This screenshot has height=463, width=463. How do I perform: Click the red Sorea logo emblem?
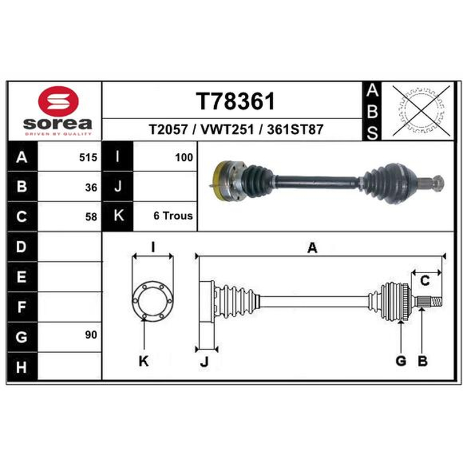click(58, 101)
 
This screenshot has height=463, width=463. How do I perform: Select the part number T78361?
click(236, 101)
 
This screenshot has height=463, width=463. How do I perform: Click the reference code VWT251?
click(227, 129)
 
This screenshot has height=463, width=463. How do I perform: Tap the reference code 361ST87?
click(295, 129)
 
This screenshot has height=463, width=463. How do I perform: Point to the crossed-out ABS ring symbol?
click(421, 111)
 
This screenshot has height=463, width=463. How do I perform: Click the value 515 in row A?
click(88, 157)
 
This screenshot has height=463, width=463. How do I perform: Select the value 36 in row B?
click(91, 188)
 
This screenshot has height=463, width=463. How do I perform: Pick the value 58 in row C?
click(91, 217)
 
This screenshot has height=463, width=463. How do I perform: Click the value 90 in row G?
click(91, 335)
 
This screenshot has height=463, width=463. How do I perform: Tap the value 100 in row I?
click(184, 157)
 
